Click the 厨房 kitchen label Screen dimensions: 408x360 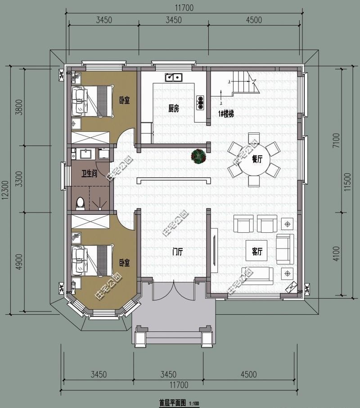(x=174, y=109)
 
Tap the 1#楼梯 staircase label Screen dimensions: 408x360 (x=226, y=114)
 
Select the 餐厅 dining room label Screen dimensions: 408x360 (x=257, y=159)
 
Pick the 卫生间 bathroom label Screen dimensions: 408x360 (x=90, y=174)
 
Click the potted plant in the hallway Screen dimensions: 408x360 (x=198, y=156)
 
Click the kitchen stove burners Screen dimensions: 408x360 (x=200, y=103)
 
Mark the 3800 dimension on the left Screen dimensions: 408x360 (x=18, y=108)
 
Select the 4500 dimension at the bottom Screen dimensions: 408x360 (x=248, y=375)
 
